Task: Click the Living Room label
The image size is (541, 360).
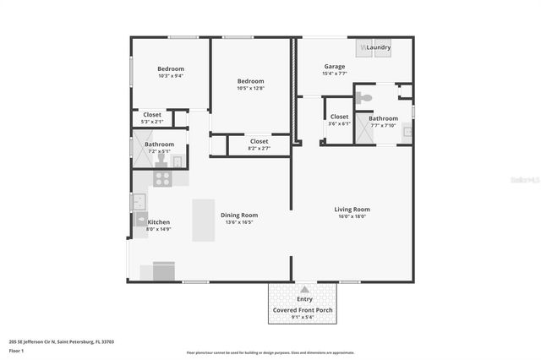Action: [x=352, y=209]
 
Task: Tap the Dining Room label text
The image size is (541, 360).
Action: [x=239, y=215]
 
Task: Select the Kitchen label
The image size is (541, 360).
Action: [x=159, y=221]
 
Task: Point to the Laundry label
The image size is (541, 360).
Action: [x=378, y=47]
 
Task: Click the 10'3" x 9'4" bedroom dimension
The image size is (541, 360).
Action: [x=171, y=75]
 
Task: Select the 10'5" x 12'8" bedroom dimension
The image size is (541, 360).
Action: [x=250, y=88]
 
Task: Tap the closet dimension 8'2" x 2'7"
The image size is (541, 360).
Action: [x=260, y=148]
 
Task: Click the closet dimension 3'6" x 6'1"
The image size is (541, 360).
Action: [x=339, y=124]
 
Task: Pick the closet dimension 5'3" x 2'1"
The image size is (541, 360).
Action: [x=152, y=122]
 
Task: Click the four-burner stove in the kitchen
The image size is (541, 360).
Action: [x=161, y=178]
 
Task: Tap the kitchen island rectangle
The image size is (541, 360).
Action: [x=204, y=221]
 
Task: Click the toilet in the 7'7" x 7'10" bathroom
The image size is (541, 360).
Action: [x=364, y=98]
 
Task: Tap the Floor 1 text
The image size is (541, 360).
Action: [x=17, y=350]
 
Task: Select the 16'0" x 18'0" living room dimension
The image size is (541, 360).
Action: [x=352, y=216]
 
